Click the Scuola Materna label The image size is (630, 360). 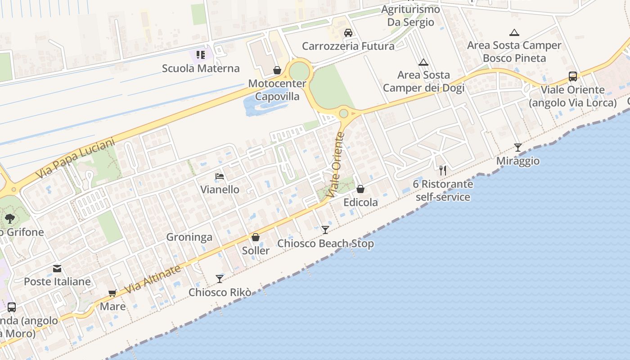coord(201,68)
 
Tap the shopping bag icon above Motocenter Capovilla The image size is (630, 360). coord(277,70)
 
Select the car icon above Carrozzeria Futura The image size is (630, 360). coord(348,32)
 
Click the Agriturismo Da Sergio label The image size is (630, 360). coord(410,16)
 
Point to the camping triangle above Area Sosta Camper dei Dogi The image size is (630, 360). coord(423,62)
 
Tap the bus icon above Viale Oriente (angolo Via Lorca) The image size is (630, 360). coord(572,76)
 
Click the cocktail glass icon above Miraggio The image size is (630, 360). coord(518,147)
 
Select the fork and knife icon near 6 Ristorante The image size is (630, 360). coord(443,170)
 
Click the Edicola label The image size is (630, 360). coord(360,202)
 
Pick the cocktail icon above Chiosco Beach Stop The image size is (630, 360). coord(325,230)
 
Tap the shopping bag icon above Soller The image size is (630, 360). coord(256,237)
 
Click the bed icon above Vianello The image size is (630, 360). coord(220,176)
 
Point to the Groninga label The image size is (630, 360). coord(189,237)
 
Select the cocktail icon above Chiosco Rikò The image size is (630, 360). coord(219,279)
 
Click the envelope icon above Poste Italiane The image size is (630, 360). coord(57,269)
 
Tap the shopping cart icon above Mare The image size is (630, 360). coord(112,293)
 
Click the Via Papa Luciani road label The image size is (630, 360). coord(75,158)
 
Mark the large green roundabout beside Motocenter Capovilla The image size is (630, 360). coord(299,72)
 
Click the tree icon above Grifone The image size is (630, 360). coord(9,219)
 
